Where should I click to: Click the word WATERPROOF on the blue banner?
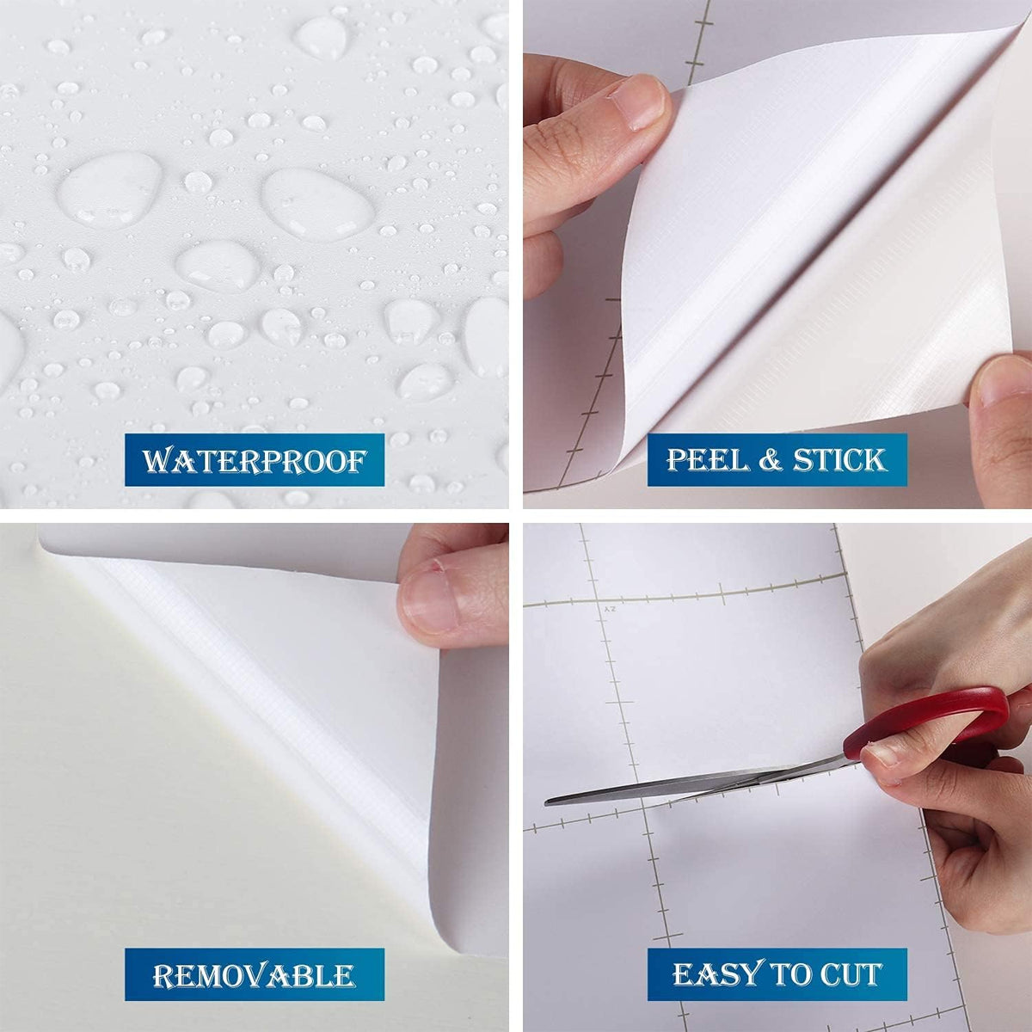(x=255, y=461)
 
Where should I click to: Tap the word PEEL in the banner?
(x=708, y=460)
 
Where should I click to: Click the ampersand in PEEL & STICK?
(x=771, y=461)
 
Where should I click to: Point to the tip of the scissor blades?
(x=546, y=802)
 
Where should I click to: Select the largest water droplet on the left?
(x=110, y=190)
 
